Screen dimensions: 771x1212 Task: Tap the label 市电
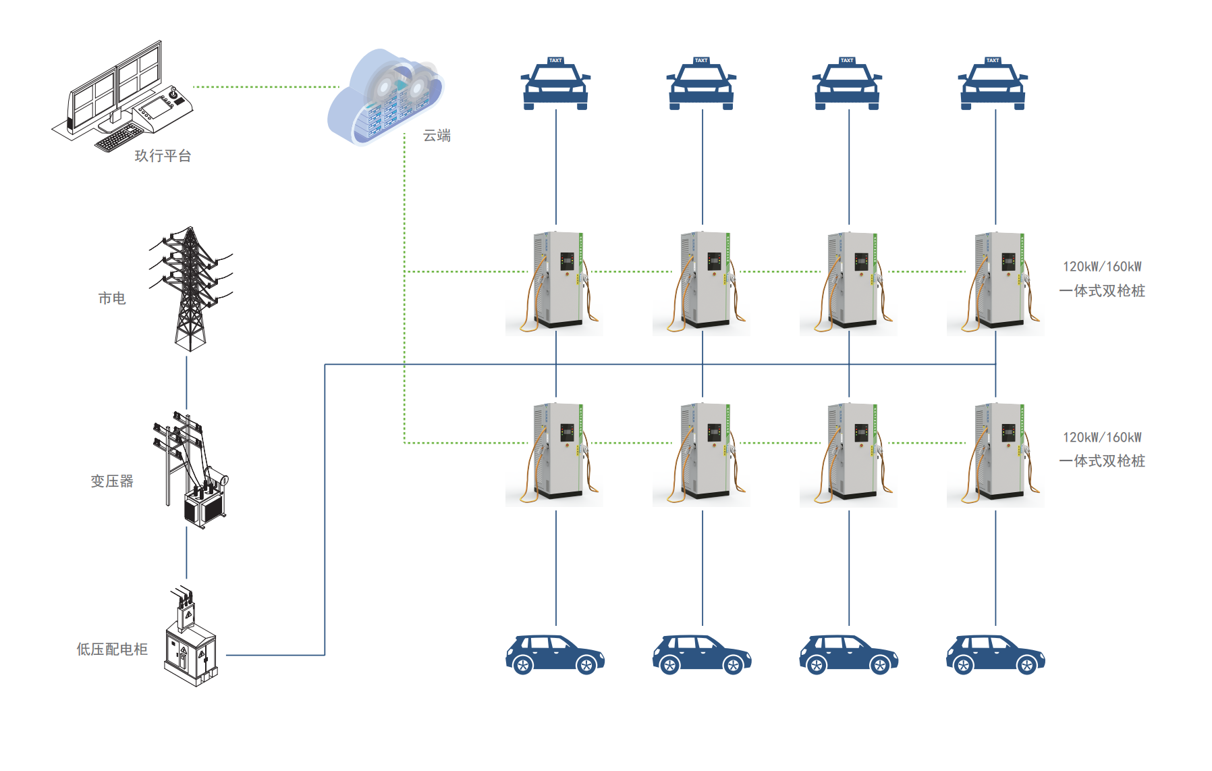click(x=112, y=298)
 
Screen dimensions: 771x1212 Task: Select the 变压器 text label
click(x=112, y=481)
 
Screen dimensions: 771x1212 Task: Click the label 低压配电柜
click(x=112, y=649)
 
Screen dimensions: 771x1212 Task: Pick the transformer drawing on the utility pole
click(x=205, y=500)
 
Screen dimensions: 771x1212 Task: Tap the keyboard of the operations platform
click(x=119, y=138)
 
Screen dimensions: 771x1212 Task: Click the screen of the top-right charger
click(x=1008, y=261)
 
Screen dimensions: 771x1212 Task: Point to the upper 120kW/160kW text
click(x=1102, y=267)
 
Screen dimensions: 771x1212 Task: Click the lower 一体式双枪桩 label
click(x=1102, y=461)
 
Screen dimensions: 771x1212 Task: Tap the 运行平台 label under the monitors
click(x=163, y=156)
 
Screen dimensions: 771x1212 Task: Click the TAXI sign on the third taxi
click(x=847, y=61)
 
